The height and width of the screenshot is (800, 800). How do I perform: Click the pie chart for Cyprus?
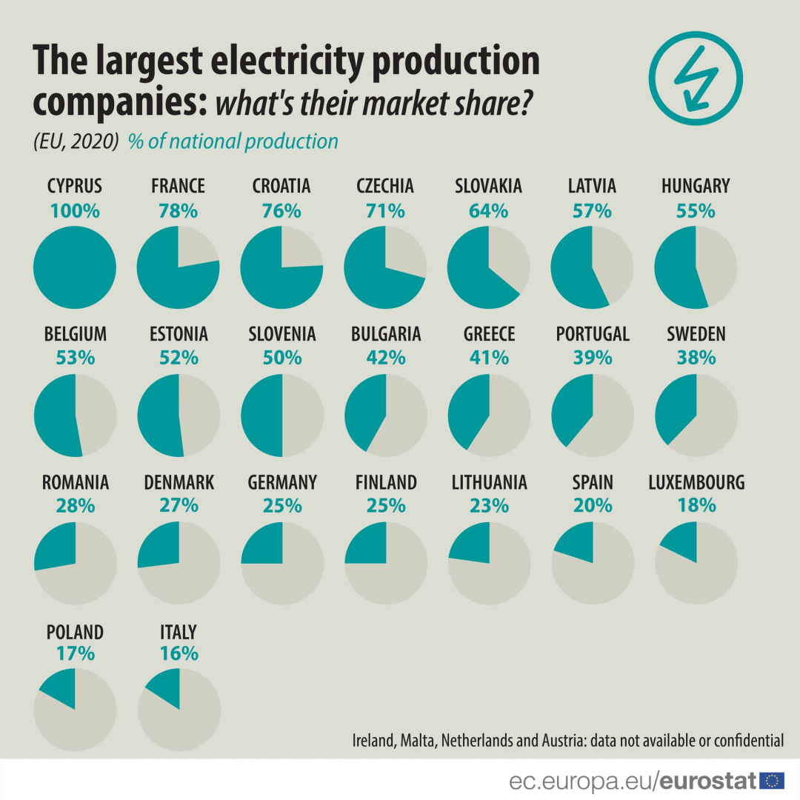click(75, 267)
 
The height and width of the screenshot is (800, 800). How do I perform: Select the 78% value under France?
click(178, 210)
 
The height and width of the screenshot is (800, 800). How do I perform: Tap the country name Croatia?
click(281, 185)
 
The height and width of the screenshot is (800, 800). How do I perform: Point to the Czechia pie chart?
click(385, 267)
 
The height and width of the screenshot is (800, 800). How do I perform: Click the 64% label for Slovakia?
click(489, 210)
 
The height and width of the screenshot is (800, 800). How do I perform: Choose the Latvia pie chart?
click(592, 267)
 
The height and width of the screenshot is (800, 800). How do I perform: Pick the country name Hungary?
click(696, 185)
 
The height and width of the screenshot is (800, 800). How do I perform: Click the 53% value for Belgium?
click(75, 357)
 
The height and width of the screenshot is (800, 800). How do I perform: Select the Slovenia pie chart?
click(282, 416)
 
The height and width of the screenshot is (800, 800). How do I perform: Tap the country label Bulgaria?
click(386, 334)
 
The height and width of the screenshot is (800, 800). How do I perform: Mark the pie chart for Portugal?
click(592, 416)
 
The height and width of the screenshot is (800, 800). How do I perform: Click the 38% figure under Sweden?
click(696, 357)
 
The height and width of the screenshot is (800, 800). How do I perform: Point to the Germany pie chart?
click(282, 563)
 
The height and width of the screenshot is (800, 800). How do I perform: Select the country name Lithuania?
click(489, 483)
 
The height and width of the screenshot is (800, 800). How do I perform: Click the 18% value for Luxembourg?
click(696, 505)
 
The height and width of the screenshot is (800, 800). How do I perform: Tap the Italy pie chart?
click(179, 710)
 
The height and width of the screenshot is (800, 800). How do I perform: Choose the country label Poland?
click(75, 632)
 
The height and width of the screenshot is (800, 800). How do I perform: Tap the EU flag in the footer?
click(772, 780)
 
